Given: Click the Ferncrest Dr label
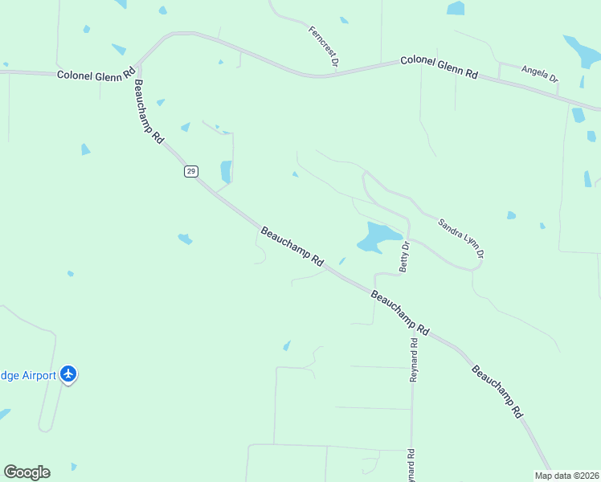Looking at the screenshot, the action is point(324,45).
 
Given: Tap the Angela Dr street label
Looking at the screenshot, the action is point(539,74).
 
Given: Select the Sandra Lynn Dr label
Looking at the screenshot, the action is point(461,238).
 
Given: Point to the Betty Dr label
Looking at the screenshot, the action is point(405,256).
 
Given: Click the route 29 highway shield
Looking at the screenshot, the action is point(190,171).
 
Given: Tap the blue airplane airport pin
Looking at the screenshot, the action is point(68,374).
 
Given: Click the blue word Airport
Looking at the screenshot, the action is point(39,375).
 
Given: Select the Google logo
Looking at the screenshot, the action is point(27,472).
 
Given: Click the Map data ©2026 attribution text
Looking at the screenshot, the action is point(566,476).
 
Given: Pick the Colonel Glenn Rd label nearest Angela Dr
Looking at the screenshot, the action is point(439,67).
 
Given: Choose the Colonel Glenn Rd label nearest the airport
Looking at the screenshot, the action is point(95,75).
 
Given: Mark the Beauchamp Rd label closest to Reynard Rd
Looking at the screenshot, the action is point(400,312).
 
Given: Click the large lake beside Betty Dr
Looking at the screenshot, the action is point(376,237).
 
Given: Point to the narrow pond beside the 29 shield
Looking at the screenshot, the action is point(226,171).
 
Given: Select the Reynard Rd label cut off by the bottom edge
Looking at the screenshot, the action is point(410,465).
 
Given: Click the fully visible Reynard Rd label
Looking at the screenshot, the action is point(414,359).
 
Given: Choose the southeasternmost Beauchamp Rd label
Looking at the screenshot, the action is point(497,392).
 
